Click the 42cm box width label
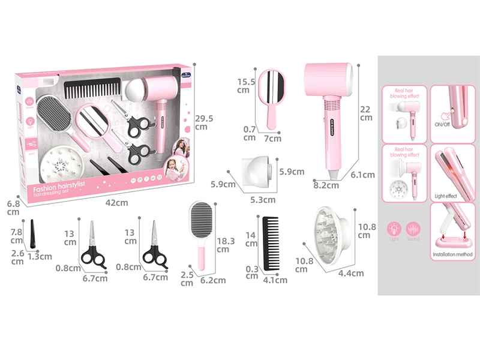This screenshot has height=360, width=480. tap(118, 203)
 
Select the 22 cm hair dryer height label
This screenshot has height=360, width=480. tap(366, 113)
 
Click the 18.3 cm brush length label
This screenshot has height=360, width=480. tap(224, 244)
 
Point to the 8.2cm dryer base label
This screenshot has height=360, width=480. tap(326, 185)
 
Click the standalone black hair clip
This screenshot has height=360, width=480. tap(33, 232)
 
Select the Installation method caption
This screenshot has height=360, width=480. tap(452, 255)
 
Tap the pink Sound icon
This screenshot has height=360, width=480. tap(413, 230)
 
